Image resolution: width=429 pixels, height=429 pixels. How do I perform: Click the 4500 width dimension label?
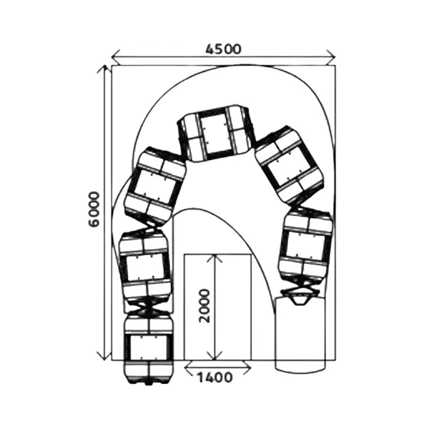point(224,49)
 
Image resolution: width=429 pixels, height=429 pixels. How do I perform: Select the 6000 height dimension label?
point(94,209)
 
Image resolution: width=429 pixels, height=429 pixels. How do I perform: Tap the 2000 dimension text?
point(204,305)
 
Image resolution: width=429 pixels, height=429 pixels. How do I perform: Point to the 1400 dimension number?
point(214,378)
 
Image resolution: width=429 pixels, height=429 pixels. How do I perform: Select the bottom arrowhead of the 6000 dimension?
point(104,356)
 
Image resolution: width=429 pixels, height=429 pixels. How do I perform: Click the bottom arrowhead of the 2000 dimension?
point(215,356)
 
